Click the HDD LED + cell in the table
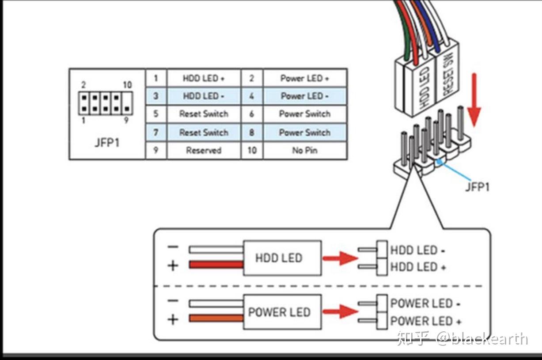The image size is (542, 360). coord(204,78)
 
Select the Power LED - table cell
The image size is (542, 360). coord(305,96)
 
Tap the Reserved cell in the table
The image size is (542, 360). coord(204,150)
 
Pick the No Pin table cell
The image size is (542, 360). coord(305,150)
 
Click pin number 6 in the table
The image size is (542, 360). coord(252,114)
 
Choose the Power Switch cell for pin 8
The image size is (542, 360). coord(305,133)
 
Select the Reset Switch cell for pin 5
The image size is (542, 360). coord(204,114)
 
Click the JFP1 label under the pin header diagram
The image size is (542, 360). coord(107,143)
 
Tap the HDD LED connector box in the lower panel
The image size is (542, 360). coord(282,258)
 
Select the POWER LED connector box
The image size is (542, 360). coord(282,312)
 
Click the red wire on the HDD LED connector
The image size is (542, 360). coord(216,265)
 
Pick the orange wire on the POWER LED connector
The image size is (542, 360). coord(216,318)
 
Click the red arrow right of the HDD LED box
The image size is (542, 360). coord(339,258)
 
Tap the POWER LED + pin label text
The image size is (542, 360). coord(426,321)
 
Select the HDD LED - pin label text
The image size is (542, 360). coord(417,250)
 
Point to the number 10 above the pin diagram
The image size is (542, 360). coord(127,85)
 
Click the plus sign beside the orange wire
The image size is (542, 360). coord(173,319)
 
